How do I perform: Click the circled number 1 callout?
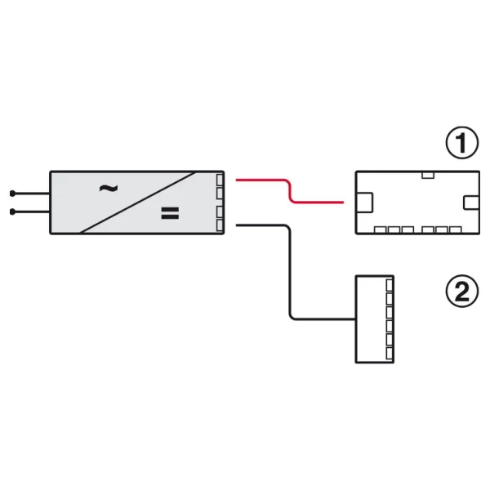462,142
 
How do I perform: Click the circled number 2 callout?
462,291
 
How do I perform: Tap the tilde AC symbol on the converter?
109,189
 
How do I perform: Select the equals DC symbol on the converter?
170,213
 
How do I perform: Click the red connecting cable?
290,191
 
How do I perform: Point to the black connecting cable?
290,272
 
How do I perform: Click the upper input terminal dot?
12,194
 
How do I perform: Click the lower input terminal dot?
12,212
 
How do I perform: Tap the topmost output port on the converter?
220,180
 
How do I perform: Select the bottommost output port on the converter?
220,225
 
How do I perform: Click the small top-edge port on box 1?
428,175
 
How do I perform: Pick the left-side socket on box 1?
364,203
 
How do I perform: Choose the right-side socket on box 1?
471,203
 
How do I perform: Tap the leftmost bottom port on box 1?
381,230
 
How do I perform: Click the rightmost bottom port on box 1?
456,230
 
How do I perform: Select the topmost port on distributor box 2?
390,285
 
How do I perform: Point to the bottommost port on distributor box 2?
390,354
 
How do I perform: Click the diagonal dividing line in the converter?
139,203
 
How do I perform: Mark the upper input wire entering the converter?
31,194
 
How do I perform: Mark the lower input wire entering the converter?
31,212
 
